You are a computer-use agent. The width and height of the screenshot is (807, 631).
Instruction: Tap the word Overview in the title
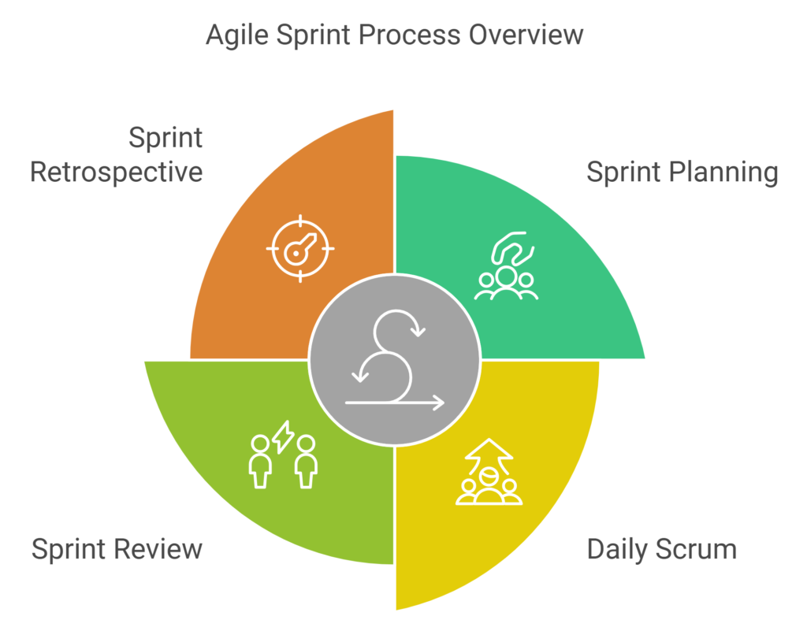click(x=526, y=35)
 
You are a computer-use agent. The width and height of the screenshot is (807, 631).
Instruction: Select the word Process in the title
click(x=410, y=35)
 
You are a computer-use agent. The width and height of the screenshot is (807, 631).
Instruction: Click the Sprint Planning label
click(x=682, y=173)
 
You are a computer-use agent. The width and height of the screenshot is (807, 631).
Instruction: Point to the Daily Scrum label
click(x=662, y=550)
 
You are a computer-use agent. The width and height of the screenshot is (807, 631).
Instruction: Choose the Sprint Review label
click(x=117, y=549)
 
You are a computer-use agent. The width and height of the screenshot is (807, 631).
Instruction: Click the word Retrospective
click(x=117, y=172)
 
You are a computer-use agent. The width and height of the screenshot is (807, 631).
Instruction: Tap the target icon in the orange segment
click(x=300, y=249)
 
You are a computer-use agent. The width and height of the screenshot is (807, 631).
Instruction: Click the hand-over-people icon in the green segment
click(x=506, y=265)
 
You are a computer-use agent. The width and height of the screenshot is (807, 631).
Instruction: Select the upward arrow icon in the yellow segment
click(x=489, y=472)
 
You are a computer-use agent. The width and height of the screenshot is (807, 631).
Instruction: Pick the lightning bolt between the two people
click(x=283, y=437)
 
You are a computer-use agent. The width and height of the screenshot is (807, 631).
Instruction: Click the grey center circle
click(x=395, y=360)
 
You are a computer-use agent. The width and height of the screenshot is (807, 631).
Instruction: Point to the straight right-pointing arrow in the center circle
click(x=395, y=403)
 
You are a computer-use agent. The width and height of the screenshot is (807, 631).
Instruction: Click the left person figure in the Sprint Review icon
click(x=260, y=462)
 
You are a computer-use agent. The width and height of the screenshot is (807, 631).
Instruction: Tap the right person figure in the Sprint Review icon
click(x=307, y=462)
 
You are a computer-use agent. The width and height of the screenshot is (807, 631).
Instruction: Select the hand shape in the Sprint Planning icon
click(x=512, y=248)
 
